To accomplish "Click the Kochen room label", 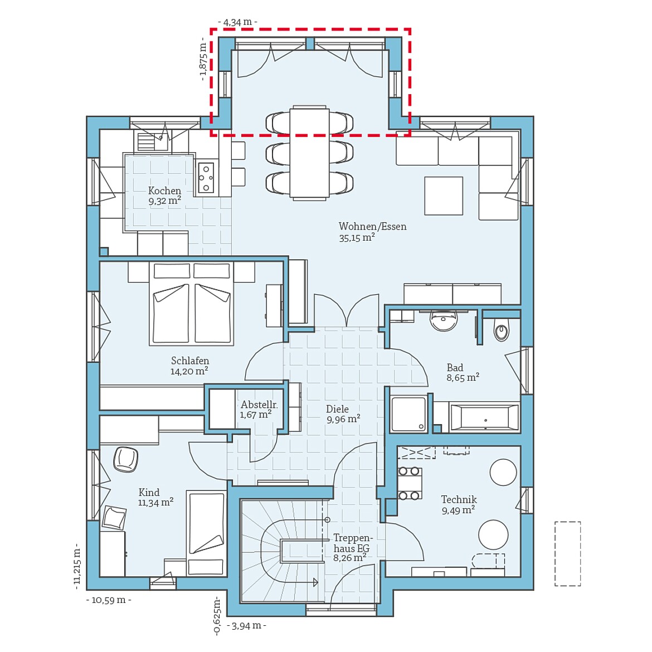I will click(164, 191).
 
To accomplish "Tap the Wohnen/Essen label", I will click(372, 226).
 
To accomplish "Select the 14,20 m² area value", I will click(189, 371).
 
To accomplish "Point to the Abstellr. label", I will click(259, 405).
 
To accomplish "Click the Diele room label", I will click(337, 409).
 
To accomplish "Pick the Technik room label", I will click(459, 500).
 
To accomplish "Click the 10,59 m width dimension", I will click(109, 600).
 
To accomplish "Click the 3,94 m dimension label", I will click(247, 625).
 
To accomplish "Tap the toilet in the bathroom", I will click(501, 332).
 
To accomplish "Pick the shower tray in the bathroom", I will click(408, 414).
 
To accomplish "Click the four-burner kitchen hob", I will click(206, 178).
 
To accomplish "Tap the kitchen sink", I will click(152, 142).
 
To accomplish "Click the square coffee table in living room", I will click(444, 196).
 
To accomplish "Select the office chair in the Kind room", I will click(125, 459).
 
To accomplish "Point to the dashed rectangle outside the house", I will click(567, 553).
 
